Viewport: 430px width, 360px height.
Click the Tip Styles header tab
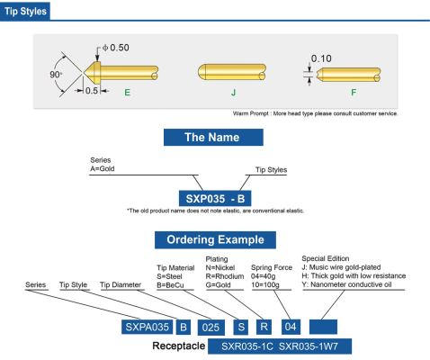coord(25,12)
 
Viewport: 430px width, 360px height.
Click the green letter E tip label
coord(128,93)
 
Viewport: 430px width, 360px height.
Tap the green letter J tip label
coord(233,93)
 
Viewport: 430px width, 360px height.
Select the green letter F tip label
coord(354,93)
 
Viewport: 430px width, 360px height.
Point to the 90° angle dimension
coord(56,75)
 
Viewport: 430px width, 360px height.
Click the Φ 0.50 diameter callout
coord(116,48)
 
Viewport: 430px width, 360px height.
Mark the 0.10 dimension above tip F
coord(321,58)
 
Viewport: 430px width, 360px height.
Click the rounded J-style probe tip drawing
coord(232,72)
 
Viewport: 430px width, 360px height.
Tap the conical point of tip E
coord(85,73)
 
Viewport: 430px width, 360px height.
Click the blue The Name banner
coord(213,138)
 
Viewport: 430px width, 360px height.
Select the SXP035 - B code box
coord(215,198)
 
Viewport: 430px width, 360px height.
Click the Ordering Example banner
coord(215,239)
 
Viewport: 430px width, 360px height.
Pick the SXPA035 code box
coord(147,327)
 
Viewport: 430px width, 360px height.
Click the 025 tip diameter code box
coord(211,328)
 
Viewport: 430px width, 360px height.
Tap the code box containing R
coord(264,327)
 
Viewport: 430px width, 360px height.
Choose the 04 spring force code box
coord(291,327)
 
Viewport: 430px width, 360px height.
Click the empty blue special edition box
coord(323,327)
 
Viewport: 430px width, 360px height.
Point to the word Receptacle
coord(179,346)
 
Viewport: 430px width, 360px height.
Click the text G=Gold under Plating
coord(219,285)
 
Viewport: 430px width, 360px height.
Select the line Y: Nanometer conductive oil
coord(346,284)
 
